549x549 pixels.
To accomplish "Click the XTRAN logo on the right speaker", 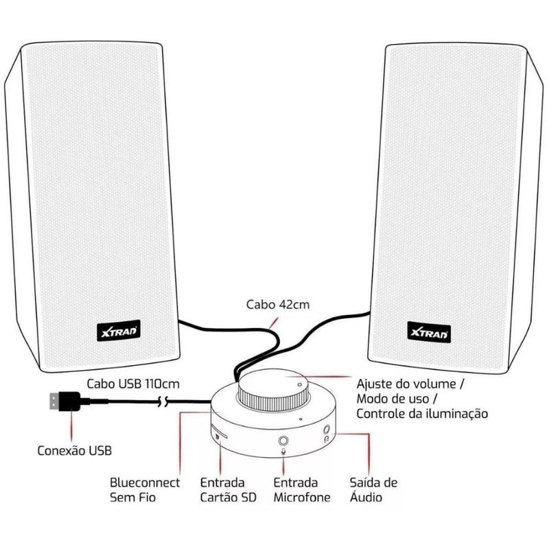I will tap(429, 331).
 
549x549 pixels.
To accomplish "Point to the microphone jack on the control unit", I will tap(283, 441).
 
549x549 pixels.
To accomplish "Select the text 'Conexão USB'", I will tap(73, 451).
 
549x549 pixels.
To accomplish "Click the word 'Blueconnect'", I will tap(145, 483).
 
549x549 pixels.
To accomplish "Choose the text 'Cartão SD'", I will tap(228, 498).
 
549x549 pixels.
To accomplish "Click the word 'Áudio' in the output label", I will tap(366, 498).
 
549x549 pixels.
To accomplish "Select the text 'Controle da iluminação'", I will tap(421, 414).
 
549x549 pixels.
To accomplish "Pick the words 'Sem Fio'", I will tap(132, 498).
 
